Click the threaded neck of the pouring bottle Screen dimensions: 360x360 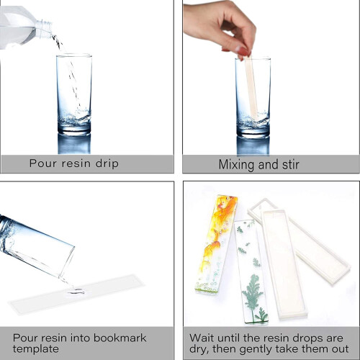[44, 28]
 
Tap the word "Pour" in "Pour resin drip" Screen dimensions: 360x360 [43, 163]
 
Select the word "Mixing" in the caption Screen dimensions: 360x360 [237, 166]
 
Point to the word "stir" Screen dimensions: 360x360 [291, 165]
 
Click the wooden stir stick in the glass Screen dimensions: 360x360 [251, 88]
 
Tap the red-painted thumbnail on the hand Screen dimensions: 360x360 [243, 51]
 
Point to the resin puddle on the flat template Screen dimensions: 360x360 [76, 291]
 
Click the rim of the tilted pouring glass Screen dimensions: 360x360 [67, 262]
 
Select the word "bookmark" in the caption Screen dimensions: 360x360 [120, 338]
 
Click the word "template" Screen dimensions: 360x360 [36, 348]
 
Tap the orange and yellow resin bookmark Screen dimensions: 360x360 [217, 243]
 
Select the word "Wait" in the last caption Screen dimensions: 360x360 [202, 338]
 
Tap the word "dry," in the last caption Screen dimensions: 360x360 [199, 349]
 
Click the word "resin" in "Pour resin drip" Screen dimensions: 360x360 [76, 163]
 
